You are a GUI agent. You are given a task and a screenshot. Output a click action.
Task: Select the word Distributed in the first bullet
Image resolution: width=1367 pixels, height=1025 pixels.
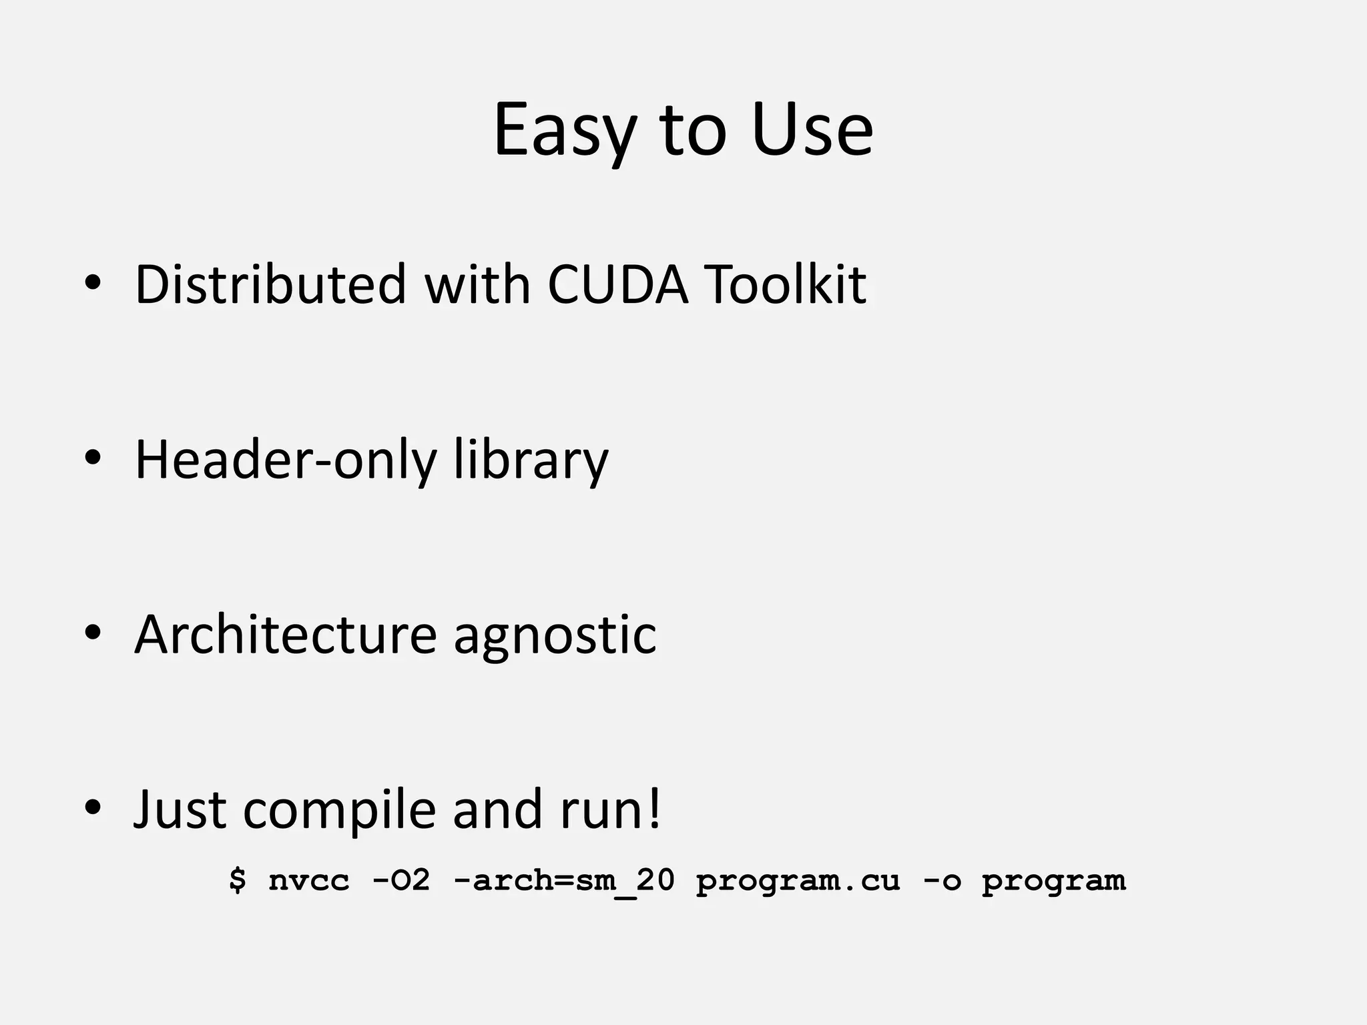pyautogui.click(x=270, y=285)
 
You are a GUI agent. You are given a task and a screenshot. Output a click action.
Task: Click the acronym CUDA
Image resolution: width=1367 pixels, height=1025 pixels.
pyautogui.click(x=617, y=285)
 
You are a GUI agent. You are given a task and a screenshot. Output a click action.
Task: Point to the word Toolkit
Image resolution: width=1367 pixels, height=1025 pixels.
pyautogui.click(x=786, y=285)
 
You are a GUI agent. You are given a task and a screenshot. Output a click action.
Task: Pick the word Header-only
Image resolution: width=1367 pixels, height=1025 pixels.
pyautogui.click(x=286, y=460)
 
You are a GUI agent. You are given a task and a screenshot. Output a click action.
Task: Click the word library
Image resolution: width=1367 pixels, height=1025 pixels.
pyautogui.click(x=531, y=460)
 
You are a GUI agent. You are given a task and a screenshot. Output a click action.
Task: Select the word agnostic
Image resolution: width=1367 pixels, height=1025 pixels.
pyautogui.click(x=555, y=635)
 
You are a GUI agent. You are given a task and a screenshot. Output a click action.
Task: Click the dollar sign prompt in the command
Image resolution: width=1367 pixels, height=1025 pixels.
pyautogui.click(x=237, y=880)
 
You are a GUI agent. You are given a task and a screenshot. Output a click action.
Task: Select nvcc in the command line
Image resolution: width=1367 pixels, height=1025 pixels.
pyautogui.click(x=309, y=881)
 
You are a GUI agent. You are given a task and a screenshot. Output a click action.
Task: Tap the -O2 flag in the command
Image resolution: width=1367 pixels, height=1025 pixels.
pyautogui.click(x=400, y=881)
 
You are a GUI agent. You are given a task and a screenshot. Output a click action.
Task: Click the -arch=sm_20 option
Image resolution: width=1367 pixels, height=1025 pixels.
pyautogui.click(x=564, y=881)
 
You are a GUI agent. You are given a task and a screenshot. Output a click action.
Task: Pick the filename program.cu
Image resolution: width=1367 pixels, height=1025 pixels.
pyautogui.click(x=798, y=881)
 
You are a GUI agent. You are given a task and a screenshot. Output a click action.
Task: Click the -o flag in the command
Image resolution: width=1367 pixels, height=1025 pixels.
pyautogui.click(x=942, y=881)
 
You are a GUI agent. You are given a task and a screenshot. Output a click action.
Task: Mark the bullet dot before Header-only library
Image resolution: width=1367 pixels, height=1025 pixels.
pyautogui.click(x=93, y=458)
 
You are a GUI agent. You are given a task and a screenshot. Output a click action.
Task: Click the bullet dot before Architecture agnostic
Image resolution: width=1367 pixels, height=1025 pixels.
pyautogui.click(x=93, y=632)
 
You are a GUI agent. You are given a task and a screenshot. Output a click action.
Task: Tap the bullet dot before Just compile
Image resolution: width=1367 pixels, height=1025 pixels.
pyautogui.click(x=93, y=807)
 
